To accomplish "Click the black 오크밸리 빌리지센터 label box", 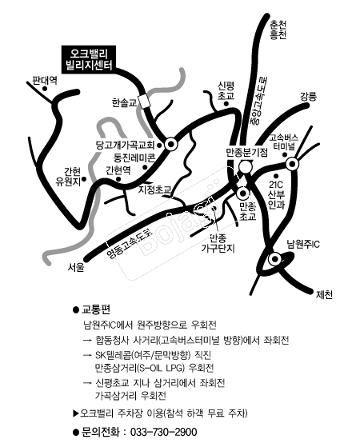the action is (x=89, y=59).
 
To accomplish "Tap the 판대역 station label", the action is (x=45, y=80).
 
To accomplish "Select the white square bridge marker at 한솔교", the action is (x=144, y=101).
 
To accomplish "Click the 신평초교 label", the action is (x=226, y=90).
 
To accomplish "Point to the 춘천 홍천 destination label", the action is (x=278, y=30).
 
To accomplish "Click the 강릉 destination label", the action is (x=308, y=96).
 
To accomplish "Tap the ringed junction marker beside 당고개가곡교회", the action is (x=171, y=145).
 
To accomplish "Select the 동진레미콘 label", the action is (x=134, y=157).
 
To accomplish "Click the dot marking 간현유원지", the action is (x=84, y=179).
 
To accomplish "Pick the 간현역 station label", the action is (x=118, y=170).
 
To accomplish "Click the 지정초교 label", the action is (x=154, y=190).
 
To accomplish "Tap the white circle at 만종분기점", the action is (x=246, y=167).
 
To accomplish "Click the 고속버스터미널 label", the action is (x=284, y=142).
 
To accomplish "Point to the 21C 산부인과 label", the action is (x=276, y=194).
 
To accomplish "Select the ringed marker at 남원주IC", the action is (x=275, y=259).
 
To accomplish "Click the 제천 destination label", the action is (x=324, y=294).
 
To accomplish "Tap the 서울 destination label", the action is (x=76, y=267).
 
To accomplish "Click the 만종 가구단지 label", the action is (x=218, y=243).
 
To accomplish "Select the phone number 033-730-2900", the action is (x=163, y=432).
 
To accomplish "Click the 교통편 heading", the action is (x=96, y=309).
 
